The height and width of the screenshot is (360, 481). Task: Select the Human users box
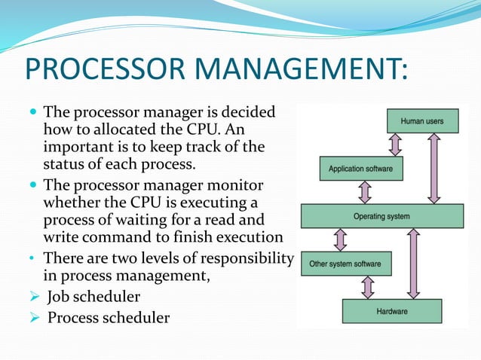click(x=421, y=121)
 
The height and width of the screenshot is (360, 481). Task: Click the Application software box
click(x=361, y=169)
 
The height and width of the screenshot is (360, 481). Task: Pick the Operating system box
click(x=381, y=216)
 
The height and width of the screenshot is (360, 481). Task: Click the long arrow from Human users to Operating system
click(x=435, y=168)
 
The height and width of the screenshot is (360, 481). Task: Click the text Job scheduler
click(x=91, y=298)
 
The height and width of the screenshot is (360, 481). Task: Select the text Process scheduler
click(x=109, y=317)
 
